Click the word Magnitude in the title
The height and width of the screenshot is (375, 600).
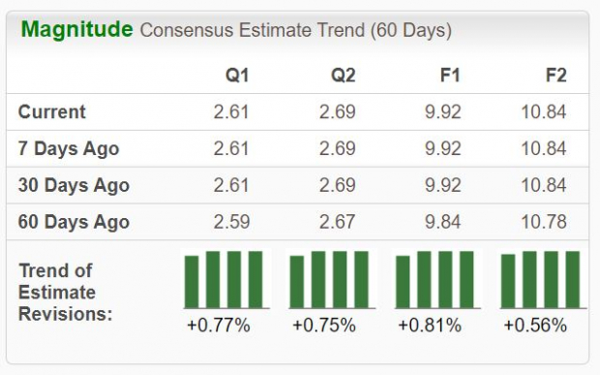tap(76, 29)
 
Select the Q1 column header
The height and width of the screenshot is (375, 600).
tap(237, 76)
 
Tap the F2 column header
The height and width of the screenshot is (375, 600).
tap(555, 76)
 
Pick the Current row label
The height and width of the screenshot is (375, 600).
tap(51, 111)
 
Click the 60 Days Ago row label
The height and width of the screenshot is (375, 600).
tap(73, 222)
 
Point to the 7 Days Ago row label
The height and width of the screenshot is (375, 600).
tap(68, 148)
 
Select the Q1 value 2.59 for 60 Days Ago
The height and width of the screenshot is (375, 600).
tap(231, 222)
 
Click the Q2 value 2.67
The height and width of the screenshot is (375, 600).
tap(338, 222)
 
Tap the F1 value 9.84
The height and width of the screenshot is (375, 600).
tap(444, 222)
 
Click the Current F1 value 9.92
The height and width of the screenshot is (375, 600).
tap(444, 111)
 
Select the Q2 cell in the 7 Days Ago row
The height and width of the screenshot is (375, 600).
tap(338, 148)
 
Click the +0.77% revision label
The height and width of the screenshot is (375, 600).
tap(218, 326)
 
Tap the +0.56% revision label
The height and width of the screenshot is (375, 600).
tap(535, 326)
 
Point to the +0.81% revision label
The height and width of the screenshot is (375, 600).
tap(429, 326)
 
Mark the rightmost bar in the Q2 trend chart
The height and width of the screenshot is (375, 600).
tap(361, 280)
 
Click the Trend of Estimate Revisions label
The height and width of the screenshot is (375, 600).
tap(65, 292)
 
